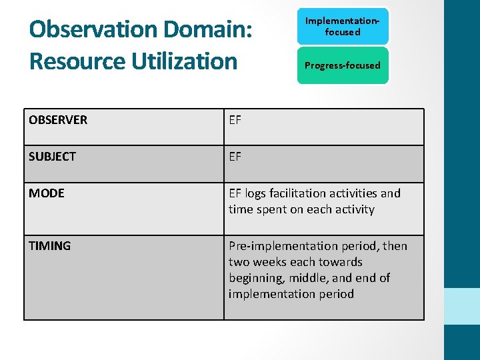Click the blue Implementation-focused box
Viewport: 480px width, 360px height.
(342, 27)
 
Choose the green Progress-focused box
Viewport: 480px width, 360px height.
(342, 65)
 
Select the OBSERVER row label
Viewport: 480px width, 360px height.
(58, 120)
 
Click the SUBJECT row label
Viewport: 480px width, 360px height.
(52, 157)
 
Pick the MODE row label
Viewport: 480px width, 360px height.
(47, 193)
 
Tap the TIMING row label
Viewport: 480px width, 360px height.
(49, 246)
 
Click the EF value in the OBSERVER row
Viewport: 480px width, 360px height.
(235, 120)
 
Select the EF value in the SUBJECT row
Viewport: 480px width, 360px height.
(235, 157)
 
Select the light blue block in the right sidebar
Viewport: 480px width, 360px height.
(462, 306)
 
